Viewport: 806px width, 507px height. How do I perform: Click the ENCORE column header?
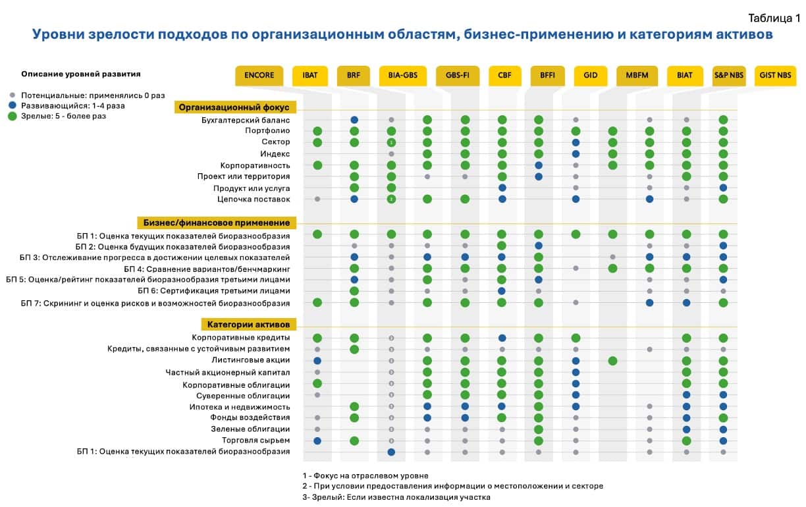click(259, 76)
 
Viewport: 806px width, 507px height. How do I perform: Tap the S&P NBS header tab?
click(729, 76)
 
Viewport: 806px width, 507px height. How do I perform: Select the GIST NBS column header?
click(775, 76)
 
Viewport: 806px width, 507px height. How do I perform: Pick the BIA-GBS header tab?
click(402, 76)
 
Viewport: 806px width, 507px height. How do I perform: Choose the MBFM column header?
click(637, 76)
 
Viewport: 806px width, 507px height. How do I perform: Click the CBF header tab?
click(504, 76)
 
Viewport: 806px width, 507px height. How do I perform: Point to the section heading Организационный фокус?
click(235, 107)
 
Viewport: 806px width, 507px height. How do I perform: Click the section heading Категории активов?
click(248, 324)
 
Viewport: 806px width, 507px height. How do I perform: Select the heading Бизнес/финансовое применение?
click(216, 223)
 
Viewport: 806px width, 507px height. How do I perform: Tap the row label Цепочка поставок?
click(254, 200)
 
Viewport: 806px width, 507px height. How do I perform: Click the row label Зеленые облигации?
click(250, 429)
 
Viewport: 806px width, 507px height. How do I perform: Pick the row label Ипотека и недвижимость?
click(239, 407)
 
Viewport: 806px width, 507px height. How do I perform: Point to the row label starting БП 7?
click(155, 304)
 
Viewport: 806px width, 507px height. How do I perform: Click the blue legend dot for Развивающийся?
click(13, 105)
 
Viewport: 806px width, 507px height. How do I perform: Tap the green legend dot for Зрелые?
click(13, 117)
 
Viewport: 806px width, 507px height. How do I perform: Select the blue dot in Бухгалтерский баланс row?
click(354, 120)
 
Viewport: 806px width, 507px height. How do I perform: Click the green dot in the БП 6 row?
click(354, 291)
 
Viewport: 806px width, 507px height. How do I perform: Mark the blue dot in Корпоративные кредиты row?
click(502, 338)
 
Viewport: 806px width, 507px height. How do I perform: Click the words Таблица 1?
click(774, 18)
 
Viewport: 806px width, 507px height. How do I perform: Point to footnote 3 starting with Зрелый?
click(396, 497)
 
